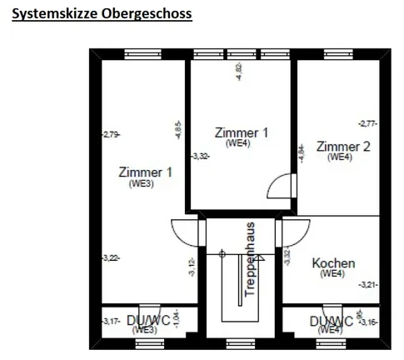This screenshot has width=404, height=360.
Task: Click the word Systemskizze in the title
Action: tap(52, 14)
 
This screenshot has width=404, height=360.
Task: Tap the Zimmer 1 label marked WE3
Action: tap(145, 173)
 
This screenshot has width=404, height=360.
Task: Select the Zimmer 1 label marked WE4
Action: tap(242, 133)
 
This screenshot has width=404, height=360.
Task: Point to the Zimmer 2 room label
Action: tap(343, 147)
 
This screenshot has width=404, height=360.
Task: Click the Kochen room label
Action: tap(333, 264)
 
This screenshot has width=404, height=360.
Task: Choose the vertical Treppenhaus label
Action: tap(248, 259)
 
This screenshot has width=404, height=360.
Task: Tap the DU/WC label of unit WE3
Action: tap(148, 321)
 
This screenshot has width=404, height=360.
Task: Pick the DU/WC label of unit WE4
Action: tap(331, 321)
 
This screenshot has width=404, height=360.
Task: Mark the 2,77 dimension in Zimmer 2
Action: tap(368, 123)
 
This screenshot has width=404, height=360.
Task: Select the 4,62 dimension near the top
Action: tap(240, 71)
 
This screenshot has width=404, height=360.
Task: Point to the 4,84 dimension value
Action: tap(301, 152)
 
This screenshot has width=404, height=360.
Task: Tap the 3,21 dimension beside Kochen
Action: tap(368, 284)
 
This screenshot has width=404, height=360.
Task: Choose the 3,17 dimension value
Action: tap(109, 321)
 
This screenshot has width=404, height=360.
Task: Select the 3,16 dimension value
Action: tap(368, 321)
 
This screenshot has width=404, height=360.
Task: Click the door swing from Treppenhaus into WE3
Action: tap(185, 231)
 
